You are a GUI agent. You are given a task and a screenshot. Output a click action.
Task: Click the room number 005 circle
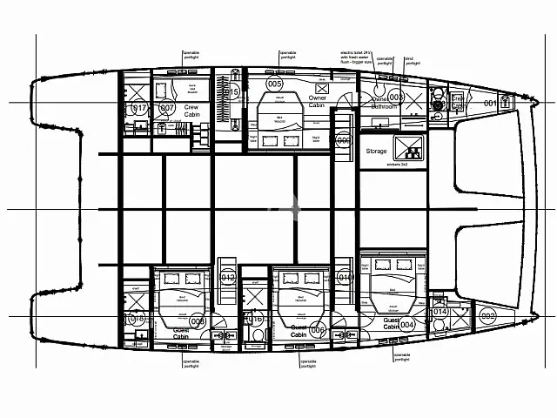tap(275, 84)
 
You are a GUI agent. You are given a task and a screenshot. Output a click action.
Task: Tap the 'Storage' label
tap(376, 151)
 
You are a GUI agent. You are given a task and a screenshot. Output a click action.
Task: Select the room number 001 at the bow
tap(490, 104)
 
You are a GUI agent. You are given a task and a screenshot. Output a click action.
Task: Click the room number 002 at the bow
tap(487, 316)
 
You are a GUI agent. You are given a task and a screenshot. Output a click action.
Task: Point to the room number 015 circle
tap(231, 91)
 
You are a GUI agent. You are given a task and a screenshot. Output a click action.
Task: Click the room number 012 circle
tap(228, 278)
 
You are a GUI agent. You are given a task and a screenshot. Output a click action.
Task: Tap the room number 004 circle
tap(406, 325)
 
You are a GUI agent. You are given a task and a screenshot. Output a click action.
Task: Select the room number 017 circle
tap(140, 109)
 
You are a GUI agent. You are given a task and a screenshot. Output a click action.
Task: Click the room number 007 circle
tap(168, 109)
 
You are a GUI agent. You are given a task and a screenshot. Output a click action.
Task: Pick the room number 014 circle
tap(440, 311)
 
